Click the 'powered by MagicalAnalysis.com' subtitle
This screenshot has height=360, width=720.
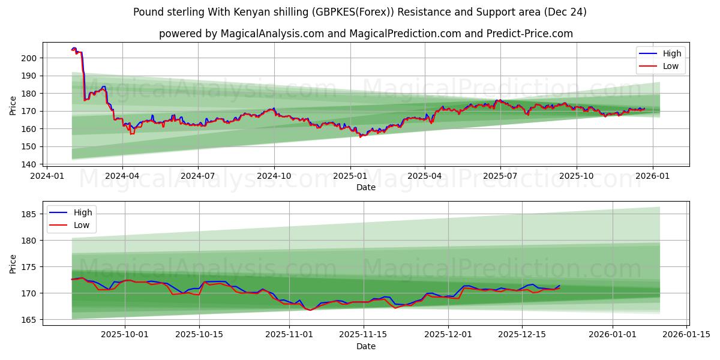365,34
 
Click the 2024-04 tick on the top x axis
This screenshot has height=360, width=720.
122,176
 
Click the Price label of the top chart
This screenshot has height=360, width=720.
13,105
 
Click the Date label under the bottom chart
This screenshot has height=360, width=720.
365,346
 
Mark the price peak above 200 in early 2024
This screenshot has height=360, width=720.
74,49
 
